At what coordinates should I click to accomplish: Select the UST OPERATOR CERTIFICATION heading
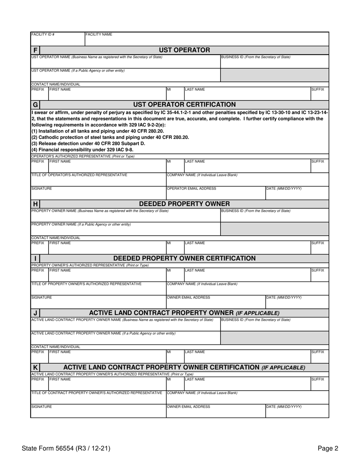[x=184, y=105]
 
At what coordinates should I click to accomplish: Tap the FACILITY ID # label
[x=43, y=34]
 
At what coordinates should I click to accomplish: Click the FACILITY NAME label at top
[x=99, y=34]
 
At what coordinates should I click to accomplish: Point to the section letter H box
[x=35, y=204]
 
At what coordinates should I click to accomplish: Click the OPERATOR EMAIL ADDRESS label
[x=192, y=189]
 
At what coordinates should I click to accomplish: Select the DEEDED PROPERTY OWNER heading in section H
[x=184, y=204]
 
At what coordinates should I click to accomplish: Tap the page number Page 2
[x=328, y=449]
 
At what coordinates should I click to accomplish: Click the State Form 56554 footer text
[x=66, y=449]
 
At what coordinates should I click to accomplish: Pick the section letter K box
[x=35, y=367]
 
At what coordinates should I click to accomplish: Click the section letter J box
[x=35, y=313]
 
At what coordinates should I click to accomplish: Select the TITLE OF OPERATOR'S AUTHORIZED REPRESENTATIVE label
[x=79, y=175]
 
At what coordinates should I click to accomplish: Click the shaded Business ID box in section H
[x=274, y=228]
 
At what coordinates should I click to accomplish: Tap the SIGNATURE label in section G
[x=42, y=189]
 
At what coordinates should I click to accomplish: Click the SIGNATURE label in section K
[x=42, y=407]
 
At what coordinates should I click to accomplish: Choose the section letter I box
[x=35, y=259]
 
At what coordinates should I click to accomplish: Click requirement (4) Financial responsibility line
[x=82, y=150]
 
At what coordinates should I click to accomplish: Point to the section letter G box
[x=35, y=105]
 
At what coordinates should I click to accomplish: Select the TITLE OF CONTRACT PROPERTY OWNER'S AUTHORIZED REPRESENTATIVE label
[x=97, y=393]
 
